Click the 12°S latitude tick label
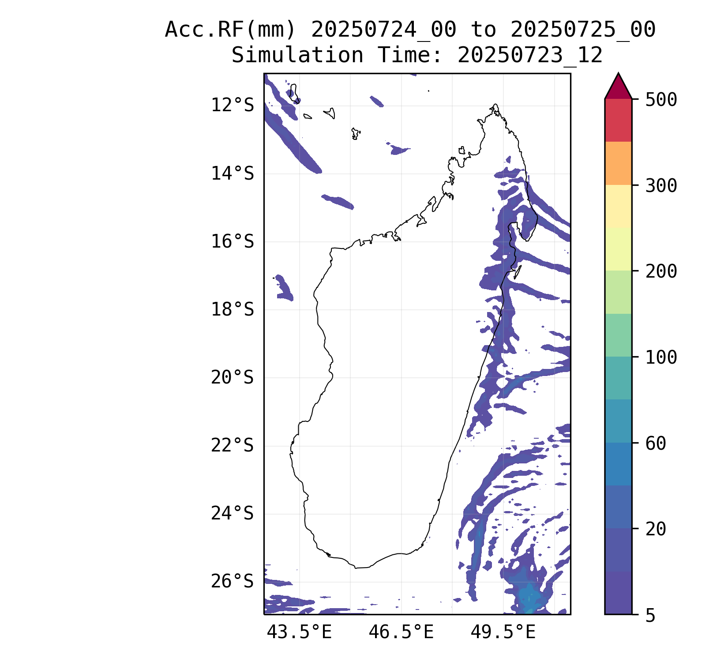pos(233,105)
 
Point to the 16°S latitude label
pos(233,242)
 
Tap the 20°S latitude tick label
pos(233,378)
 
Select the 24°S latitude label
pos(233,514)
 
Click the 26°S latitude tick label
pos(233,582)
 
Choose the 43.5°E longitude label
pos(299,632)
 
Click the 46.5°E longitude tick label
pos(401,632)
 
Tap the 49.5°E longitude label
pos(503,632)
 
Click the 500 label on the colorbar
pos(661,100)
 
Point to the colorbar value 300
pos(661,186)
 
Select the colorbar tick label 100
pos(661,357)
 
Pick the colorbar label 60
pos(656,444)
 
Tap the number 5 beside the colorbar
pos(650,616)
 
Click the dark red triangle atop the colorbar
pos(618,88)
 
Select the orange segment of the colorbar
pos(618,163)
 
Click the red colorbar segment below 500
pos(618,120)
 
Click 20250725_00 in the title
pos(583,30)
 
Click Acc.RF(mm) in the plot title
pos(230,30)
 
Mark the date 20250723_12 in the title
pos(530,56)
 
